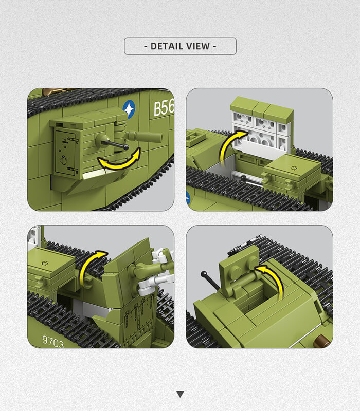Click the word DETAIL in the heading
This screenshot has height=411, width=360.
pyautogui.click(x=167, y=46)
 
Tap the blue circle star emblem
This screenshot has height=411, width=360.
pyautogui.click(x=129, y=109)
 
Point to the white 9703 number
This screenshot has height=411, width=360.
pyautogui.click(x=53, y=341)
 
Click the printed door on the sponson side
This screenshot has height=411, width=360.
pyautogui.click(x=66, y=153)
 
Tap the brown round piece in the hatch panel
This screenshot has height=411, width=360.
pyautogui.click(x=322, y=341)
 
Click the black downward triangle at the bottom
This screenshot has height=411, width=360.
pyautogui.click(x=180, y=394)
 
